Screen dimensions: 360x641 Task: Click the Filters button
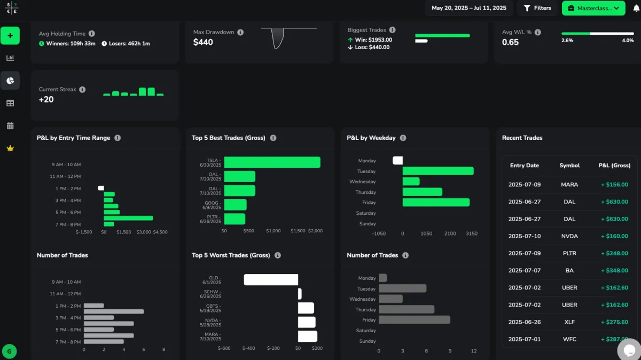(537, 8)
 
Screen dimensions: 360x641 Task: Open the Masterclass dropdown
(593, 8)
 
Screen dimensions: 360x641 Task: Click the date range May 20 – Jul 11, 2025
(469, 8)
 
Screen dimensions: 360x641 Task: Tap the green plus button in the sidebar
(10, 36)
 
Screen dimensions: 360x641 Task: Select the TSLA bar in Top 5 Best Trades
(272, 162)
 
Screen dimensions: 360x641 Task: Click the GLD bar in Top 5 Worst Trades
(271, 279)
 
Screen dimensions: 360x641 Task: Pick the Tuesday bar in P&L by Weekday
(438, 171)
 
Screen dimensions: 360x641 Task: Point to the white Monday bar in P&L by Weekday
(397, 160)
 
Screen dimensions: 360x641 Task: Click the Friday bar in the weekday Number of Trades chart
(415, 319)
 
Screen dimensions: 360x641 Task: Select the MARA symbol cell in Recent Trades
(569, 185)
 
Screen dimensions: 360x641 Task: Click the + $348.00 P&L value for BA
(614, 271)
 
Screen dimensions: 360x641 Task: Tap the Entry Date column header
(525, 166)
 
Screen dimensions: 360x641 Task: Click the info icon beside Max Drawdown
(240, 33)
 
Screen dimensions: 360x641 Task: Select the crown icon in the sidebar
(10, 148)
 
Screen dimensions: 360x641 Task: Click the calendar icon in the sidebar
(10, 126)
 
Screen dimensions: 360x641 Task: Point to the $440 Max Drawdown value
(203, 42)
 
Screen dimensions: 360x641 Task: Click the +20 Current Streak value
(46, 99)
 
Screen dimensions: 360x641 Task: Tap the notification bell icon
(636, 8)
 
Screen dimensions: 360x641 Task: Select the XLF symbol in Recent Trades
(569, 322)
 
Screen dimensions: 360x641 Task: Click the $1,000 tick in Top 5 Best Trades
(273, 231)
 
